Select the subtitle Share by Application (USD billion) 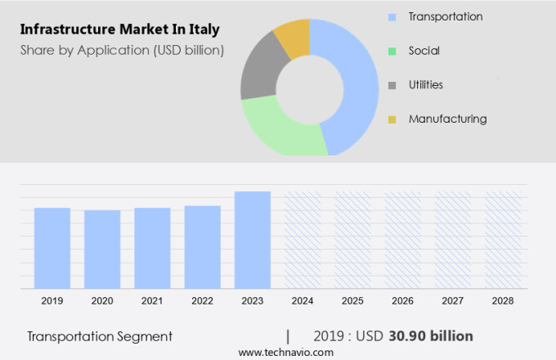click(x=122, y=50)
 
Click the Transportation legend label click(x=446, y=16)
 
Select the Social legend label click(x=424, y=51)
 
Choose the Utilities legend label click(x=426, y=85)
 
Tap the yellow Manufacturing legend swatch click(x=392, y=119)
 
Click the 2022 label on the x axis click(x=202, y=301)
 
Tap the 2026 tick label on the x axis click(x=402, y=301)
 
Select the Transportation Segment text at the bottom click(x=100, y=336)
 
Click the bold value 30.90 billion click(x=432, y=336)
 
